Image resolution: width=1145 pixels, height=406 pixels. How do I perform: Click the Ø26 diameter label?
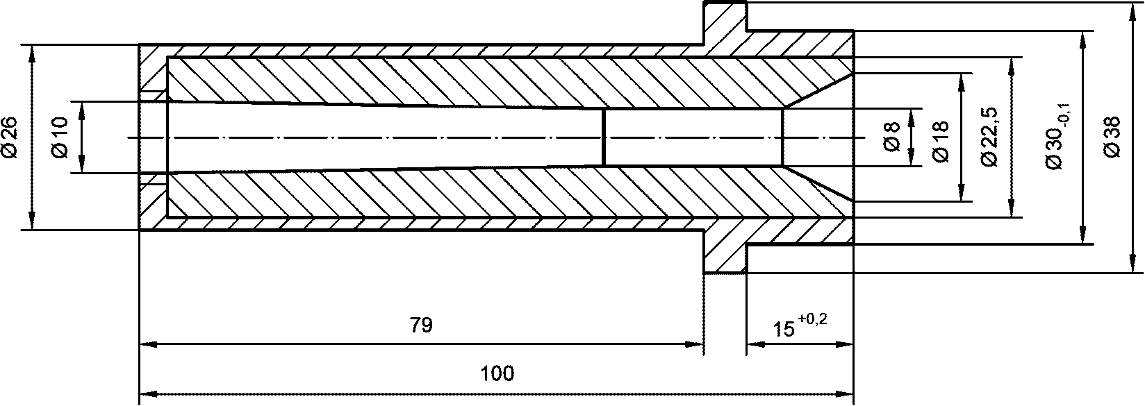[x=10, y=137]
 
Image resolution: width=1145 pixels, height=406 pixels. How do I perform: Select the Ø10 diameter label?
[x=60, y=137]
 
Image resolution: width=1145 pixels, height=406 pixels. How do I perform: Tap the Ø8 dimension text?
[x=891, y=137]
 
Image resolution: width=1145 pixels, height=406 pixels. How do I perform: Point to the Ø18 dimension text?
[x=941, y=142]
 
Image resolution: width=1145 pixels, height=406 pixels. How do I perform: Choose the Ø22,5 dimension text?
[x=990, y=137]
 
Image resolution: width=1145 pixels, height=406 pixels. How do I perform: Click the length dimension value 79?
[x=421, y=325]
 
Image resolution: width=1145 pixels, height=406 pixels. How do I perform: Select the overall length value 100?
[x=497, y=373]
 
